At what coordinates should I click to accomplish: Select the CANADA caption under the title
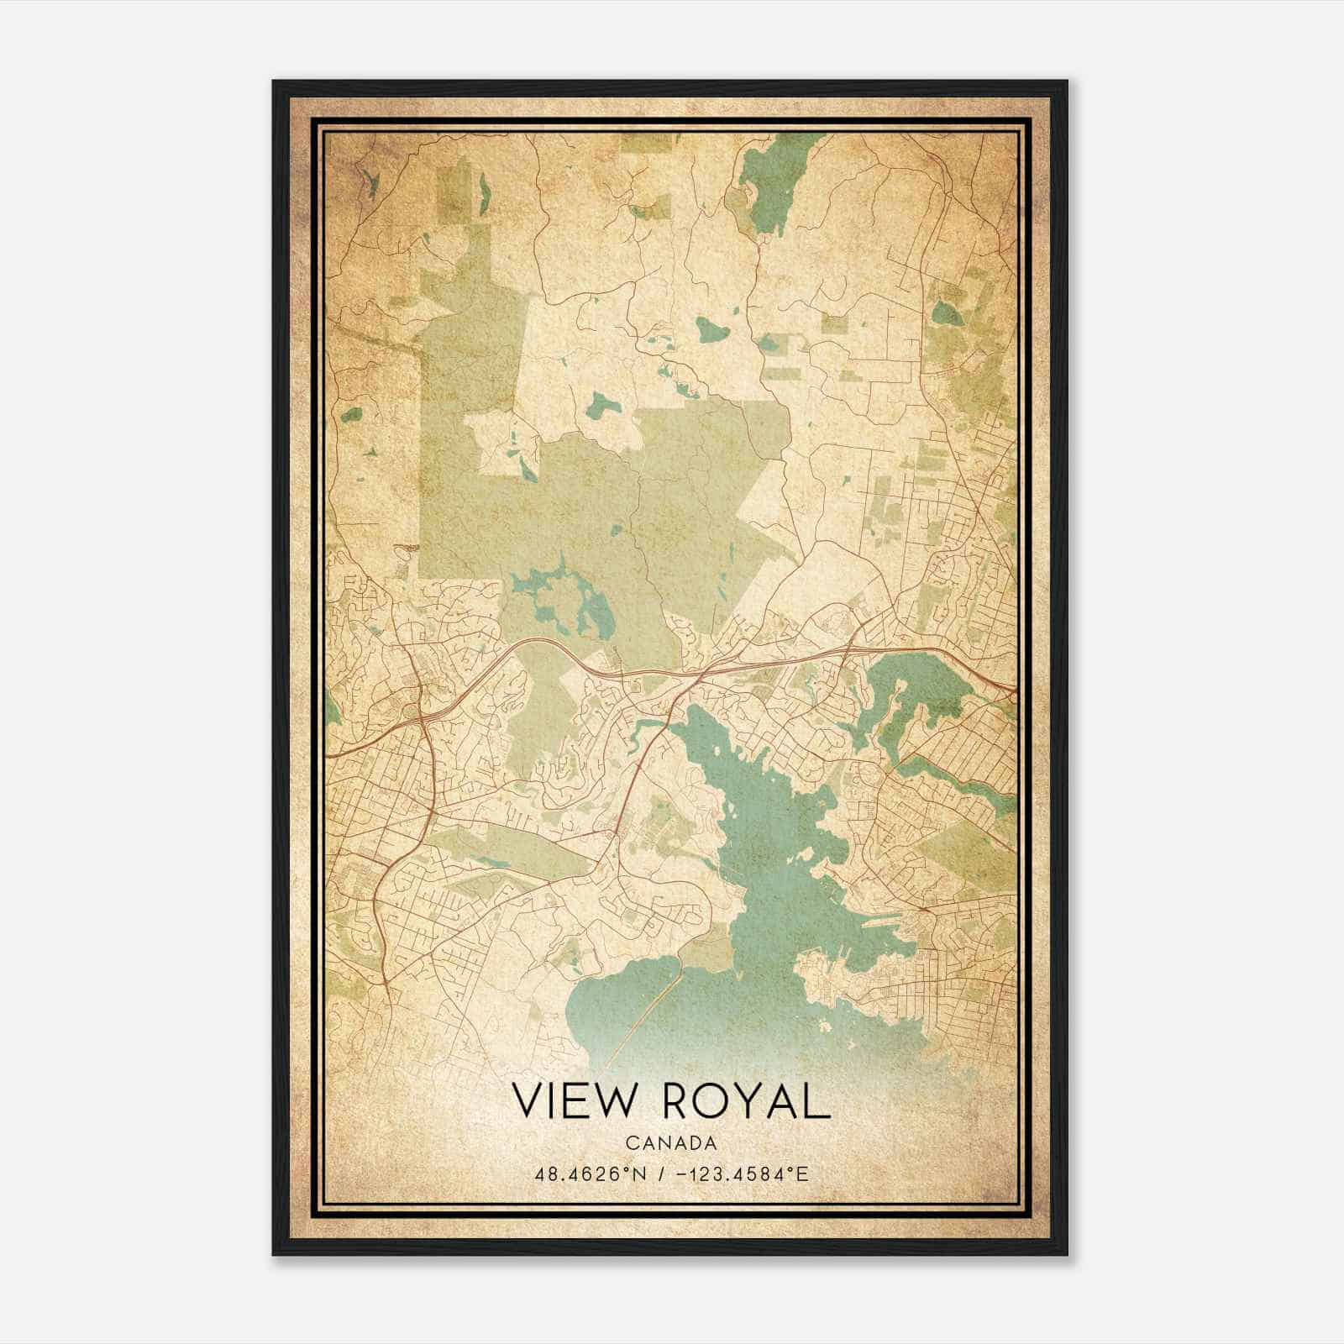pyautogui.click(x=671, y=1143)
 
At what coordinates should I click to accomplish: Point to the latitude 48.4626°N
pyautogui.click(x=589, y=1173)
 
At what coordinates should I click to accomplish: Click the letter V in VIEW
pyautogui.click(x=529, y=1100)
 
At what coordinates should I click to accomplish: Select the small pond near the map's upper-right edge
pyautogui.click(x=947, y=314)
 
